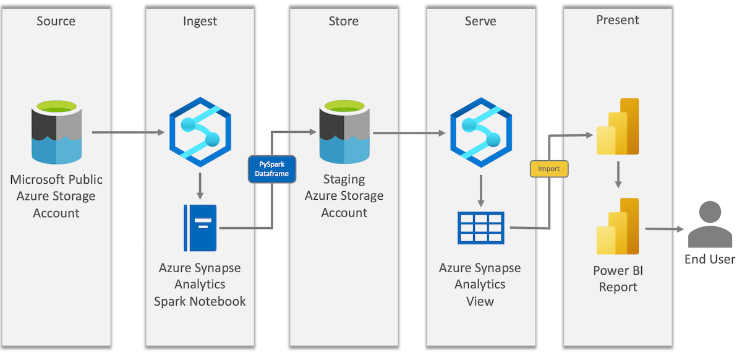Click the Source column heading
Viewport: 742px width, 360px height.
click(x=56, y=22)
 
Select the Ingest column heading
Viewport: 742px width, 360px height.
click(x=200, y=22)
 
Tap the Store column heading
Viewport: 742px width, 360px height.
click(x=343, y=22)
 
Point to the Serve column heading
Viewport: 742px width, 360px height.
click(x=480, y=22)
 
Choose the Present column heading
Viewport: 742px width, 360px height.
click(x=617, y=20)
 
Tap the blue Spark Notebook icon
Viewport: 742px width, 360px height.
click(x=200, y=228)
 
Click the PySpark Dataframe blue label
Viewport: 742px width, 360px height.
click(x=272, y=169)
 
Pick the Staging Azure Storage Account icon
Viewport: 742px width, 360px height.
click(x=344, y=134)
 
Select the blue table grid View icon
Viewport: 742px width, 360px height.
click(x=480, y=228)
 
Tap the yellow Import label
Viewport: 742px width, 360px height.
click(x=548, y=169)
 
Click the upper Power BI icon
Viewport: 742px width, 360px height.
click(x=617, y=127)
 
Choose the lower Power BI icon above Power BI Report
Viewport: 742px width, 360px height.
click(x=617, y=227)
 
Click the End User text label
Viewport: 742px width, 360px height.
click(x=709, y=259)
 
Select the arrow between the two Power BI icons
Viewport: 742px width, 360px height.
click(x=617, y=176)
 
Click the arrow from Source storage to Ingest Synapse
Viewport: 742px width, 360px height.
click(x=128, y=132)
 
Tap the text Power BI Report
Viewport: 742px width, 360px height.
click(x=617, y=279)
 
